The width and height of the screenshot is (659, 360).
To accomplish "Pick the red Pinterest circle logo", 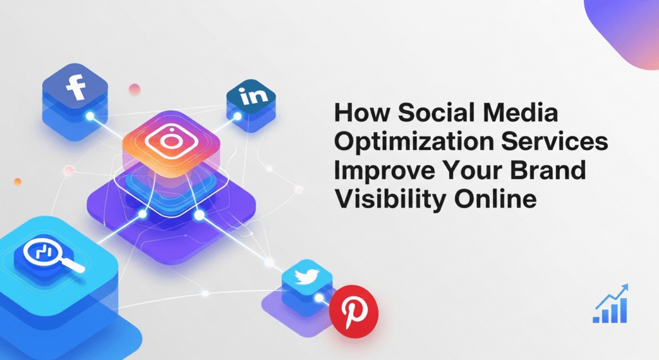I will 353,308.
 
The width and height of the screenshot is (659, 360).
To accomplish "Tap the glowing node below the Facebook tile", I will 91,117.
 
